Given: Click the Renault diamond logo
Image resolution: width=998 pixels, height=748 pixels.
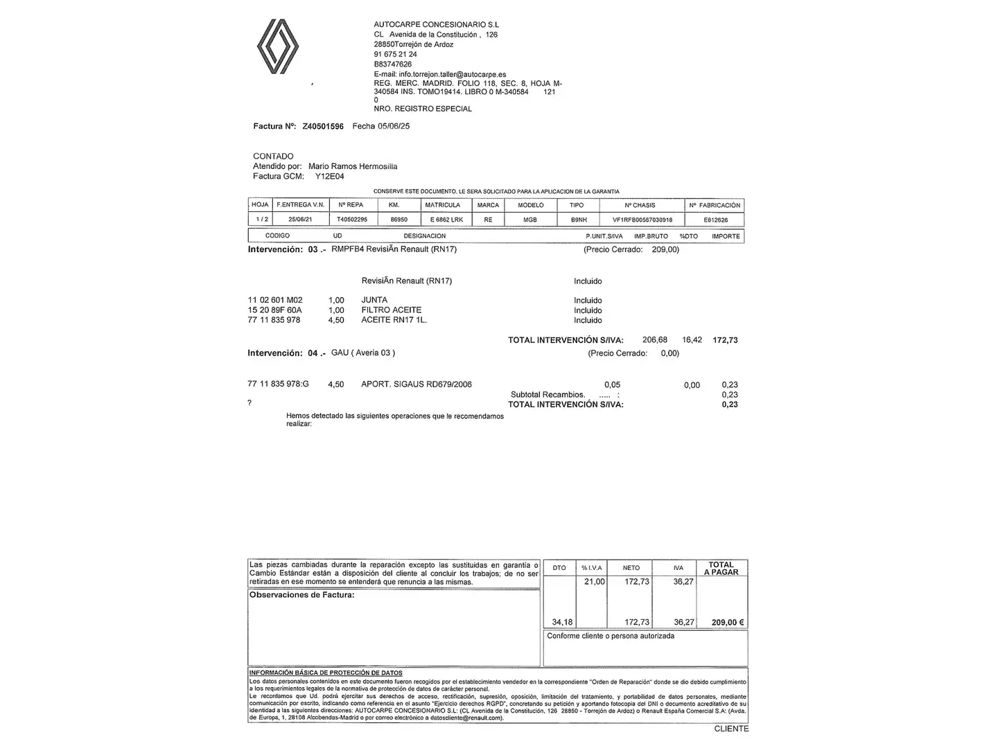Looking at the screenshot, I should (278, 46).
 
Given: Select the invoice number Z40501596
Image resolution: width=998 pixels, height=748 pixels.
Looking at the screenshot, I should (323, 127).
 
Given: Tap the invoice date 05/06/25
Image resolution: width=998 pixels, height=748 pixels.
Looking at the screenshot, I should (394, 127).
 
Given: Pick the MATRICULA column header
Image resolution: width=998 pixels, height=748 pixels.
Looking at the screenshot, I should (442, 205).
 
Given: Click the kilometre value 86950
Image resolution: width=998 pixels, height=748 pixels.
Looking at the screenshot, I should (399, 220).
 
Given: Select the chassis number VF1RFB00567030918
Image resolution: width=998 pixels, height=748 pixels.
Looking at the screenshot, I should (642, 220).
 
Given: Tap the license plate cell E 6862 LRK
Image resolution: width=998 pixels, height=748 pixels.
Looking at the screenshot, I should (446, 220).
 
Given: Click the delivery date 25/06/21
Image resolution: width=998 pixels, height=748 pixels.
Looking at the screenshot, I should (300, 220).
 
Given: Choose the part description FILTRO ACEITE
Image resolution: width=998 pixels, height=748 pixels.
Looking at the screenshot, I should (391, 310).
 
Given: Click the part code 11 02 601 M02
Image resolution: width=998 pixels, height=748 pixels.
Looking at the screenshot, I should (275, 301).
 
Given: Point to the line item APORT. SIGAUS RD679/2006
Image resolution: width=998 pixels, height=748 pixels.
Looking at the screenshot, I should (417, 384).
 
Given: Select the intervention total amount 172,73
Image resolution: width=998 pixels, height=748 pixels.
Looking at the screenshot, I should (725, 340).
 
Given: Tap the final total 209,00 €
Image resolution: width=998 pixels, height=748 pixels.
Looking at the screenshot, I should (728, 623).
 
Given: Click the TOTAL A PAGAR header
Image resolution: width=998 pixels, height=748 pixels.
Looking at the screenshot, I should (721, 569).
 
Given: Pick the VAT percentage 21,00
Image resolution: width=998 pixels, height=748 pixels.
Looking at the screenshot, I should (595, 582).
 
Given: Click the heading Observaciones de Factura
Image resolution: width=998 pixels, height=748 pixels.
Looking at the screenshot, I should (301, 595).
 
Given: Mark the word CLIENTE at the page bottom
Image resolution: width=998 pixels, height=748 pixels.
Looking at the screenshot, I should (731, 729).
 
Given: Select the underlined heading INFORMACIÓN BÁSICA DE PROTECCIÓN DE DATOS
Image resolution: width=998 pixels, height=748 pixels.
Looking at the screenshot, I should (326, 673).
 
